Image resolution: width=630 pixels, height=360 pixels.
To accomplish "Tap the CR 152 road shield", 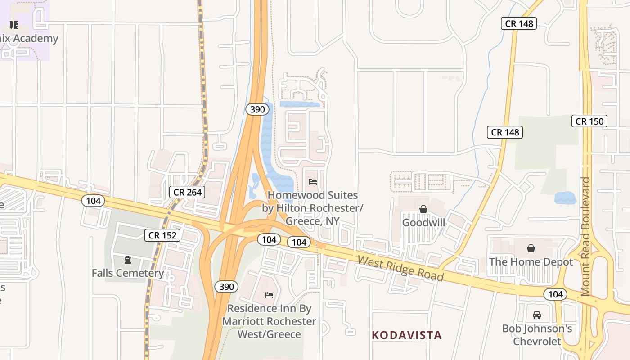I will (162, 235).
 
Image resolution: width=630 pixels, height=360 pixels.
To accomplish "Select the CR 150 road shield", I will (589, 121).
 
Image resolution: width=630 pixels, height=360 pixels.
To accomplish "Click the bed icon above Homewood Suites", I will (313, 182).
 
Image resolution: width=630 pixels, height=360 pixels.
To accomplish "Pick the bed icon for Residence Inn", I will (269, 295).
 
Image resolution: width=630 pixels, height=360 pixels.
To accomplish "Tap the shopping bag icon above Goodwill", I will (423, 209).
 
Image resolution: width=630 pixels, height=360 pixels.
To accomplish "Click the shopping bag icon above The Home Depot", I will (531, 248).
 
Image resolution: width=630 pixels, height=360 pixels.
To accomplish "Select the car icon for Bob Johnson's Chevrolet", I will (536, 315).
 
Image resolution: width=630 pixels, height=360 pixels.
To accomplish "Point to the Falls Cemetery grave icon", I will (128, 260).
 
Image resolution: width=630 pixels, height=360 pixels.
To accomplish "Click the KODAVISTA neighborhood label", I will (407, 335).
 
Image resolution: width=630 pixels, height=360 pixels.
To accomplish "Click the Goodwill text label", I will (423, 223).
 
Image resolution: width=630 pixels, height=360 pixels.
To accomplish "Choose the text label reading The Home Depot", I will (531, 262).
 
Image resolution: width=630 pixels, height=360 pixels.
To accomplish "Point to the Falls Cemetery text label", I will (128, 273).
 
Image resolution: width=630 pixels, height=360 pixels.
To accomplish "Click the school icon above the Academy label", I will (14, 25).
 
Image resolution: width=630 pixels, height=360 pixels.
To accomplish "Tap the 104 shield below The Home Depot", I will (555, 294).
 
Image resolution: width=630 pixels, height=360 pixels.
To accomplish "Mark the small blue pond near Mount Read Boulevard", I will (565, 198).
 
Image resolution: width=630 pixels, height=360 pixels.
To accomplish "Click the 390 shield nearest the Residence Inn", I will (226, 287).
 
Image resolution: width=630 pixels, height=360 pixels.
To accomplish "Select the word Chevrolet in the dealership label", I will (537, 342).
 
